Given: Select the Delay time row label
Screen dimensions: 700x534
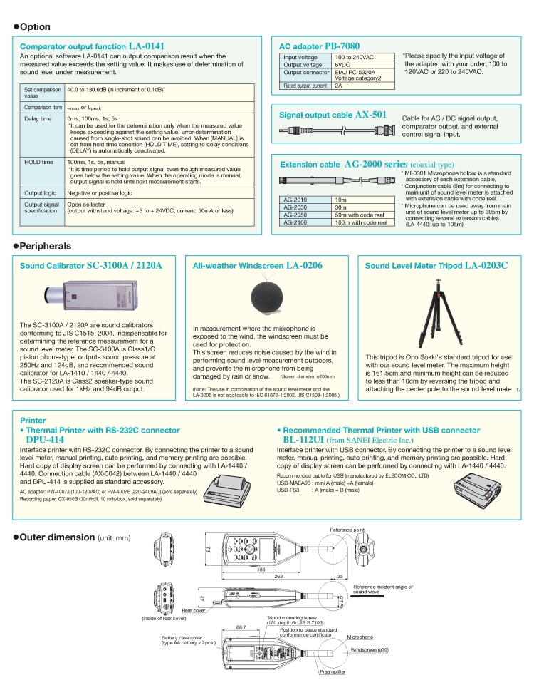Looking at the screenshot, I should (x=38, y=119).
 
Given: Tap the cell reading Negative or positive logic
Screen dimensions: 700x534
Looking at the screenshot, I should (x=99, y=193).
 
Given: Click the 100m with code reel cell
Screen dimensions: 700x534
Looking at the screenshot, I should (x=361, y=222).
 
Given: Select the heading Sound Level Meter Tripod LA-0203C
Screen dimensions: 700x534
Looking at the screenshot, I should (x=436, y=266).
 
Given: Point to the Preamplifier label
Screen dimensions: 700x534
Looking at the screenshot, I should (x=333, y=671).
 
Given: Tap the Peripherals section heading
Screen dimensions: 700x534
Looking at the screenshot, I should (x=46, y=246).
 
